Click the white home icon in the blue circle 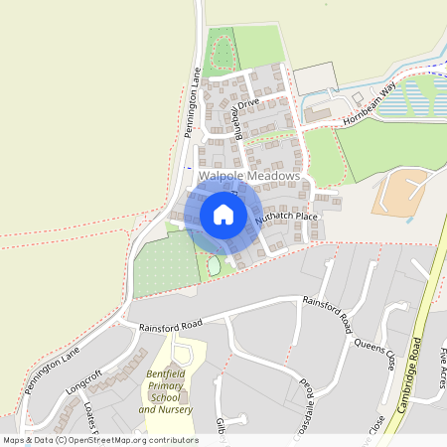pos(223,214)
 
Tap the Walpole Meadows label pos(248,176)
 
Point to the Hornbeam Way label pos(368,103)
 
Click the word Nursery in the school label pos(174,409)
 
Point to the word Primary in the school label pos(166,385)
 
